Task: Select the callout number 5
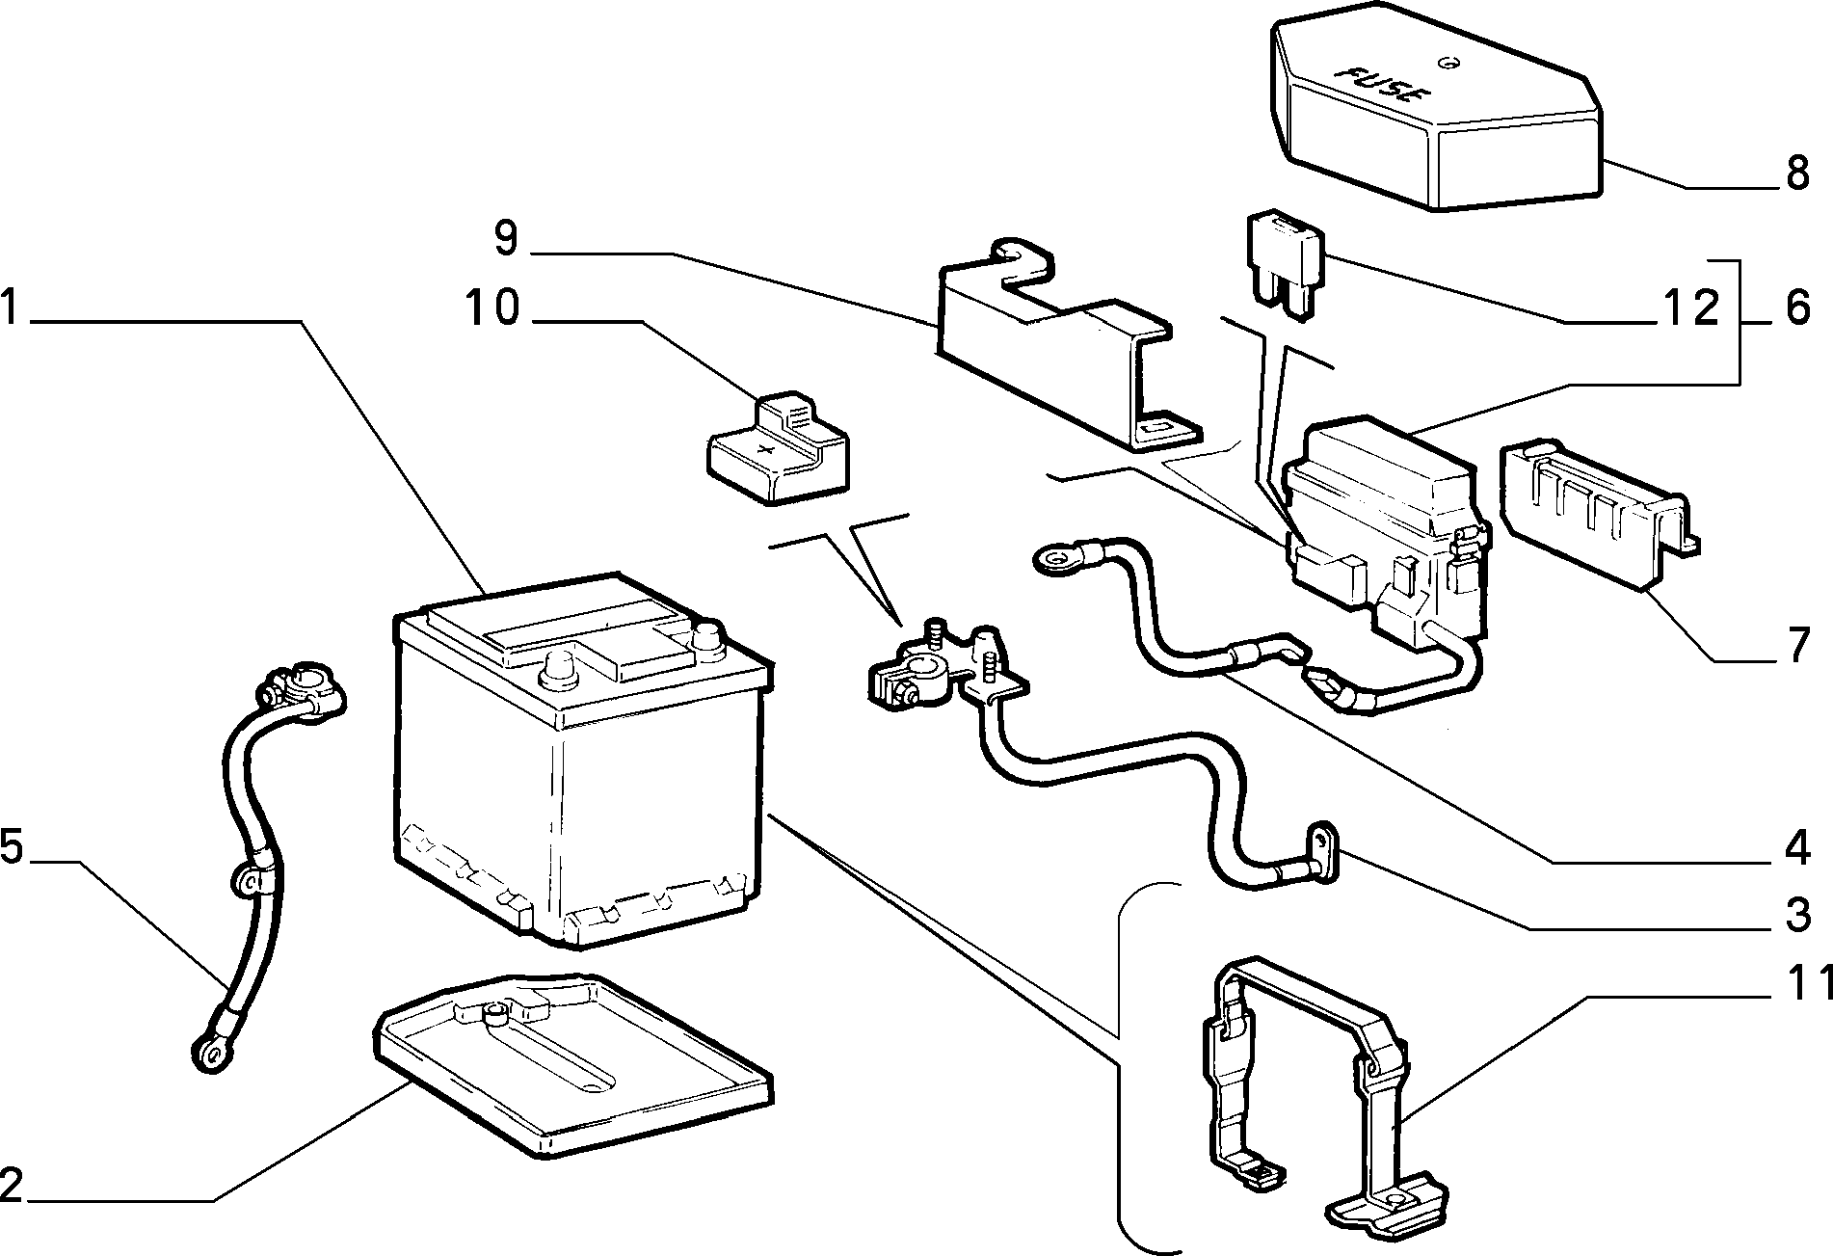click(12, 848)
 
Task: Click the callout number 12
click(1688, 308)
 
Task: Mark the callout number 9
click(507, 238)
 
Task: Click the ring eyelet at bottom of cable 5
click(208, 1054)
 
